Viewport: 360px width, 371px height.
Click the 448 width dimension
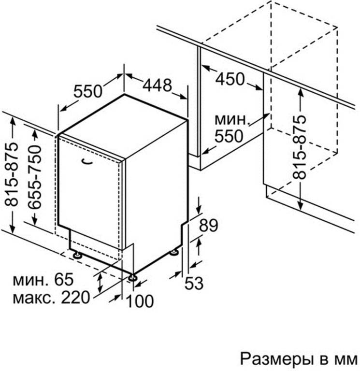157,85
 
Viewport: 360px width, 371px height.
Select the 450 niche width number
230,79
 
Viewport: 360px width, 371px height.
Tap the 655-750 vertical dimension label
34,177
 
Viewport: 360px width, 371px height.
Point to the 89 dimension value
208,225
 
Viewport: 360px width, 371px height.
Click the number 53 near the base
194,283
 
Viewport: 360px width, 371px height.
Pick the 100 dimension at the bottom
140,301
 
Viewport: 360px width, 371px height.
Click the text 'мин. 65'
43,279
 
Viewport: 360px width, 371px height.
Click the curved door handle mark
87,162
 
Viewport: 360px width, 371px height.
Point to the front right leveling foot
132,277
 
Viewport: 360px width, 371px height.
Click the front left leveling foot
77,255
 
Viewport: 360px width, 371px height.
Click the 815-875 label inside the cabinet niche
300,147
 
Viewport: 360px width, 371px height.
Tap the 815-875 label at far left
11,174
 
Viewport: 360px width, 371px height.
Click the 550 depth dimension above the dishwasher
88,91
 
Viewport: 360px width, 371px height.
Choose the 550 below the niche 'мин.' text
229,136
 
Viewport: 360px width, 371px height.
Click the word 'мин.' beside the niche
232,120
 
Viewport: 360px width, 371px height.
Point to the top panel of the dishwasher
123,126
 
